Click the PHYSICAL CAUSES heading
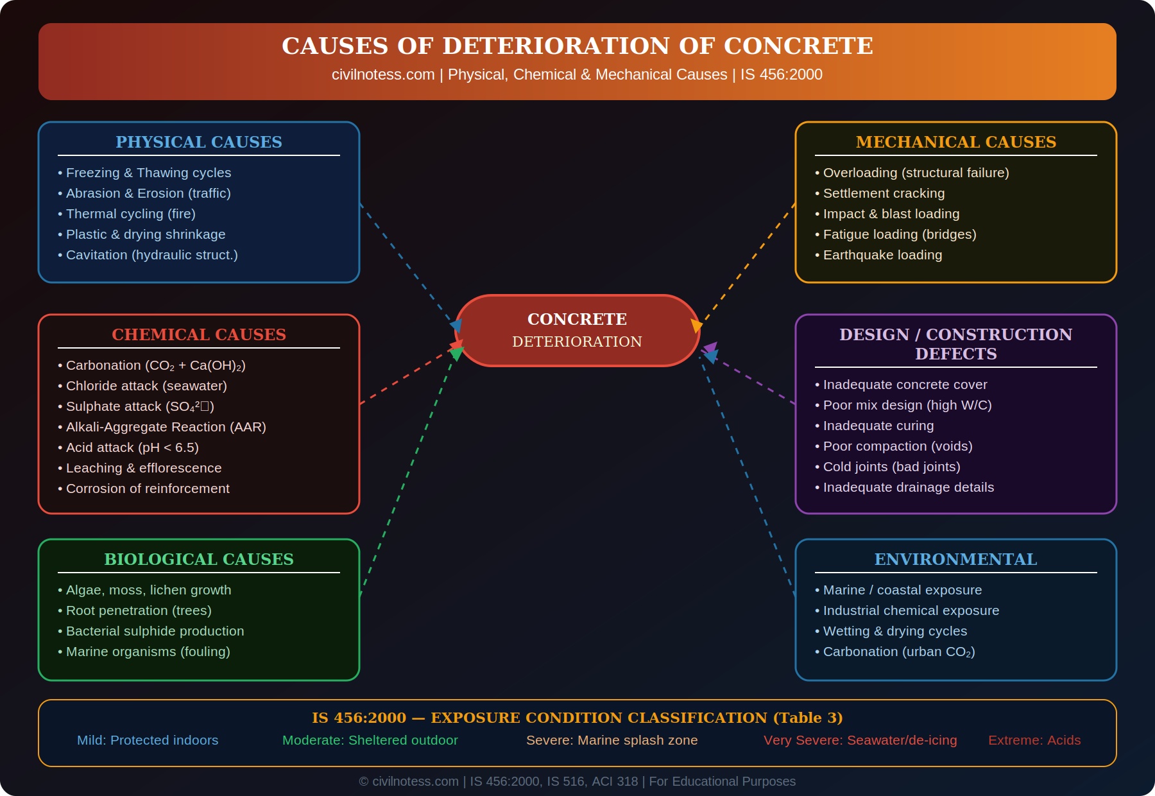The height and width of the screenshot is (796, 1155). [x=199, y=142]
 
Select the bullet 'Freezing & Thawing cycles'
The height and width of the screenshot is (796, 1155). [x=148, y=173]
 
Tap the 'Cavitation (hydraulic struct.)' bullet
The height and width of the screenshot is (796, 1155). [x=151, y=255]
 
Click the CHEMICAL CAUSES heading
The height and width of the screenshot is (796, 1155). [x=199, y=334]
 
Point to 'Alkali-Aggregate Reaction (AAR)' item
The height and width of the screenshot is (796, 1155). [x=166, y=427]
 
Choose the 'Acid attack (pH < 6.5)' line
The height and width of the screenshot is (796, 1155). [x=132, y=447]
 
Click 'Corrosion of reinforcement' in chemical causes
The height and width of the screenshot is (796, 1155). [x=148, y=489]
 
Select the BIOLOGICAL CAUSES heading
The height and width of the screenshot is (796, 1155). [x=199, y=559]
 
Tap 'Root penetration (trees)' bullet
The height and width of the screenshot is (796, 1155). [x=139, y=610]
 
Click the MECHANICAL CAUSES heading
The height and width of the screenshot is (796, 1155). [x=955, y=142]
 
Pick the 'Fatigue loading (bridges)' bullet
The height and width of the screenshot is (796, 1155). [x=899, y=234]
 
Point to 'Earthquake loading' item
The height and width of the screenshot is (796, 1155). [x=882, y=255]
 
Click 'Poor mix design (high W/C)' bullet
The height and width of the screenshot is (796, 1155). [x=907, y=405]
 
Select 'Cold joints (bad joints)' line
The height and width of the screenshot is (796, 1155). [x=891, y=467]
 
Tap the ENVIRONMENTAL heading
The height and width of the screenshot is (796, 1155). [x=955, y=559]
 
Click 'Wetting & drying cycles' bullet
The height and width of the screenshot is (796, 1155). [x=894, y=631]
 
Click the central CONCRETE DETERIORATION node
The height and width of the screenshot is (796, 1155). [x=577, y=330]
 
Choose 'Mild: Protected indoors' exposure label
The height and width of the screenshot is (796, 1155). [x=148, y=740]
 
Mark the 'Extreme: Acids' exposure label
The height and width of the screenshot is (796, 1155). [x=1034, y=740]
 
